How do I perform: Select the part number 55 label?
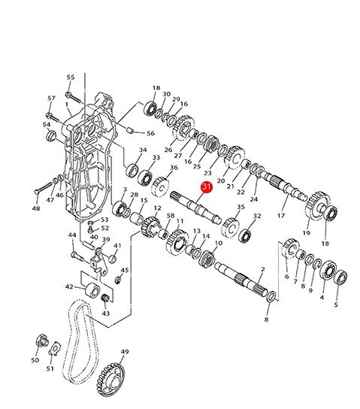(x=71, y=77)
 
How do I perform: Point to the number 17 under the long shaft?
(x=281, y=216)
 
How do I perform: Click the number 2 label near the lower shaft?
(x=262, y=269)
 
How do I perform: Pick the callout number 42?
(x=69, y=286)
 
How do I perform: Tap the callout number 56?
(x=150, y=133)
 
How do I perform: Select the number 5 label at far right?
(x=336, y=305)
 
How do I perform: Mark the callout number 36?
(x=174, y=167)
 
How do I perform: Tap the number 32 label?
(x=257, y=217)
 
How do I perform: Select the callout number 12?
(x=158, y=208)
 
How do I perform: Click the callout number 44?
(x=72, y=235)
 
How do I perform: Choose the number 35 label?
(x=241, y=207)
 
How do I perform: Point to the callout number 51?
(x=50, y=368)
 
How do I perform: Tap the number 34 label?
(x=142, y=150)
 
